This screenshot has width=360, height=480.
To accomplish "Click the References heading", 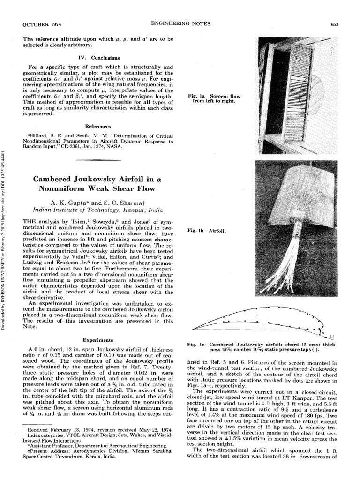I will pyautogui.click(x=98, y=127).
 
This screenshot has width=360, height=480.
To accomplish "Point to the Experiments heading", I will pyautogui.click(x=98, y=339).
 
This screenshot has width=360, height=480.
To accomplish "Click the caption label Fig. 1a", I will pyautogui.click(x=195, y=97).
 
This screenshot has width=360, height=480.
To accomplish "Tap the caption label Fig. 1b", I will pyautogui.click(x=195, y=231).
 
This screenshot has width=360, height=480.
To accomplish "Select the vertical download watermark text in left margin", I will pyautogui.click(x=4, y=239).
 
